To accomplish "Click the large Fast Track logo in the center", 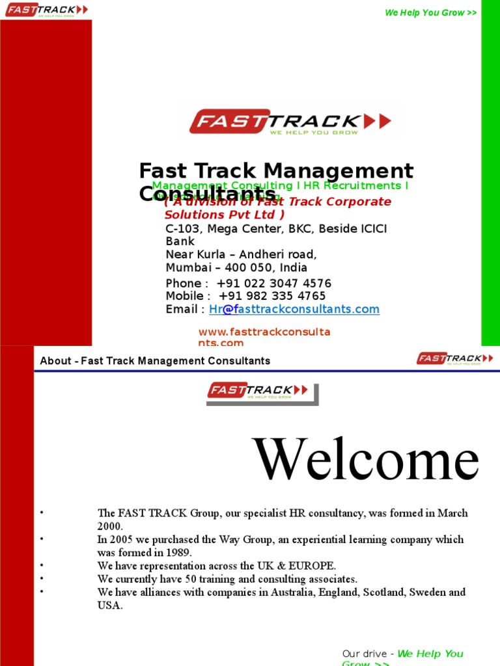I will tap(290, 122).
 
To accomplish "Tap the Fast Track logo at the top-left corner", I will tap(46, 10).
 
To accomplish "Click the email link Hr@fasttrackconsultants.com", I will tap(294, 310).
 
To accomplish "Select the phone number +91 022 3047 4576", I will tap(273, 284).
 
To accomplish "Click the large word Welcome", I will tap(366, 460).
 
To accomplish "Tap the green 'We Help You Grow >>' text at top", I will tap(431, 12).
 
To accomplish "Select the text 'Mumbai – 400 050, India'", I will tap(236, 268).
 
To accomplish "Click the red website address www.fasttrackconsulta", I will tap(264, 332).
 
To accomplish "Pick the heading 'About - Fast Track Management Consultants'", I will tap(155, 361).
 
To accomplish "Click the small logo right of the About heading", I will tap(455, 358).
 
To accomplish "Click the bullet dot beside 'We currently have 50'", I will tap(41, 578).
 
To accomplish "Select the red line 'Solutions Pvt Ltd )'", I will tap(224, 215).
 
